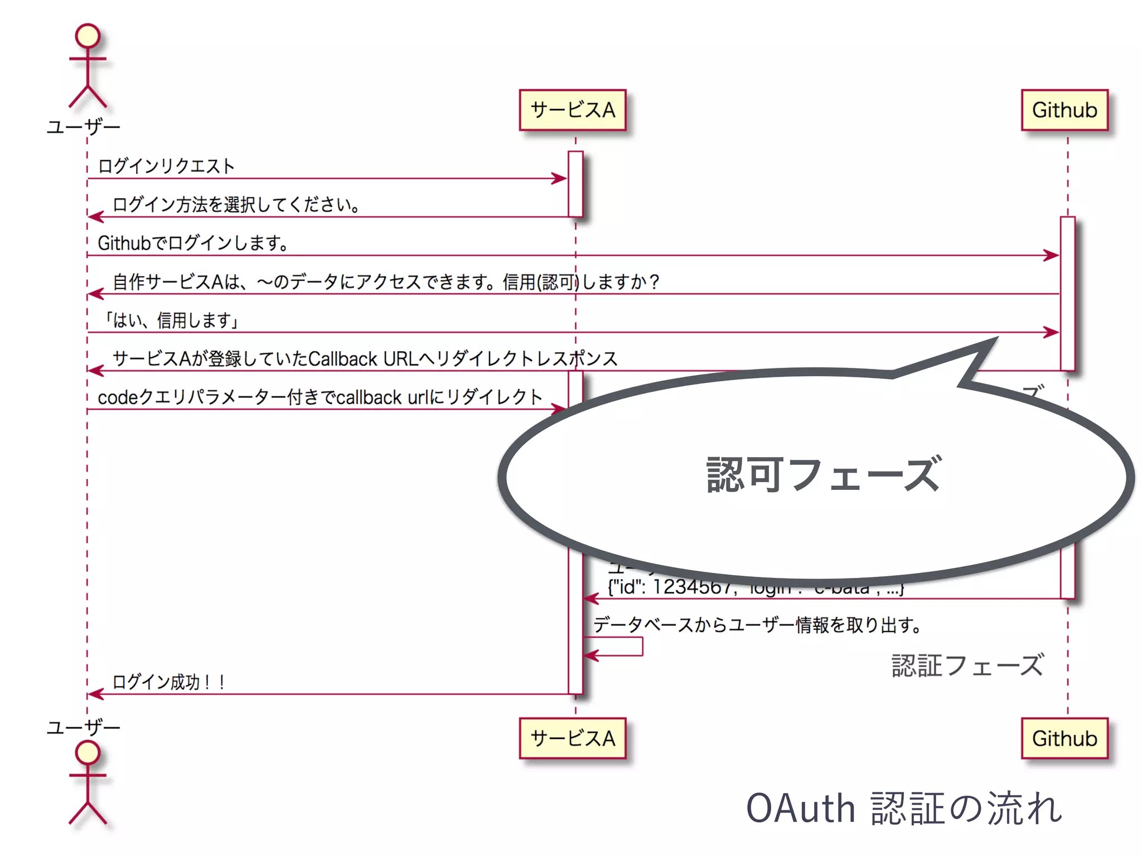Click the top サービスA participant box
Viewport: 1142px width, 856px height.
tap(573, 110)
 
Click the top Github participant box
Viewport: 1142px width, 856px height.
tap(1064, 110)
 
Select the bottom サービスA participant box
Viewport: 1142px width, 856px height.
tap(573, 738)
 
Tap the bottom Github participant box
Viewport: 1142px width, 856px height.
tap(1064, 738)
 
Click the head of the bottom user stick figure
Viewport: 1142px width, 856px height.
tap(88, 753)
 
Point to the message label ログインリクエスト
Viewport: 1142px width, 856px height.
tap(166, 166)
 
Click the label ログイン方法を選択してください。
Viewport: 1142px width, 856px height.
tap(236, 205)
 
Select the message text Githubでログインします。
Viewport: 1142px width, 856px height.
tap(193, 243)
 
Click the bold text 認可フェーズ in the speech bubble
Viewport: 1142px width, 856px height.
tap(823, 475)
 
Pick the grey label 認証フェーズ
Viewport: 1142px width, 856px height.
tap(967, 665)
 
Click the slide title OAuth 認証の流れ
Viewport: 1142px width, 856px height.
tap(903, 808)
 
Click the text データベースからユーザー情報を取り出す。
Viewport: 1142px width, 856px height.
tap(757, 625)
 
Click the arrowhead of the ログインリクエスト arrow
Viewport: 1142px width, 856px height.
tap(559, 178)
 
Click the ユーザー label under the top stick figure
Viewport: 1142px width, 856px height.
tap(83, 127)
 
